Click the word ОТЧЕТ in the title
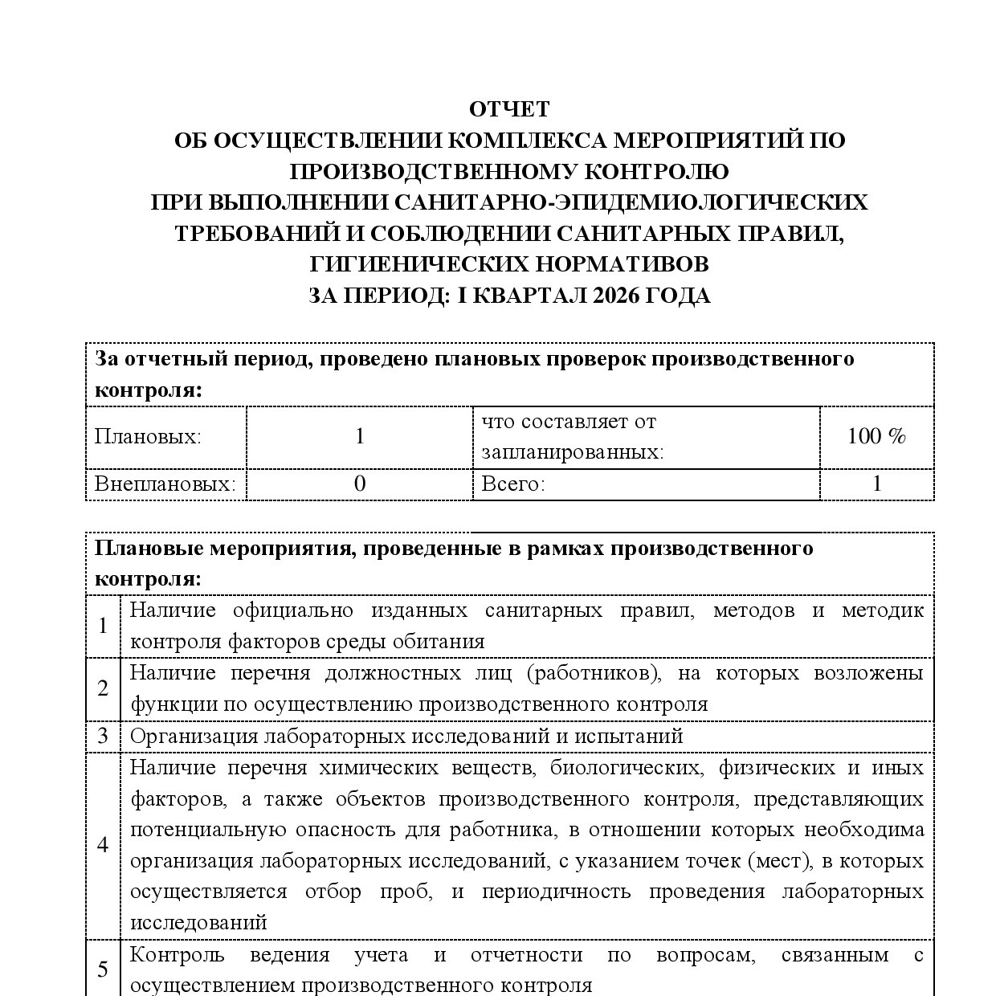click(509, 109)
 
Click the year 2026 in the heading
click(616, 296)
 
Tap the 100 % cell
click(876, 437)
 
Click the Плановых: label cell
click(148, 437)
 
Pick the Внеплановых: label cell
click(165, 484)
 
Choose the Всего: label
click(513, 484)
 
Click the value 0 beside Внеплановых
click(359, 484)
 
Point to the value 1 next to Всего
click(876, 484)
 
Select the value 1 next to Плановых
click(359, 437)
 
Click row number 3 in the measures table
click(103, 736)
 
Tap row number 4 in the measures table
click(103, 845)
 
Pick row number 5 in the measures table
click(103, 969)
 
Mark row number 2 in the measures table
click(103, 688)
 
